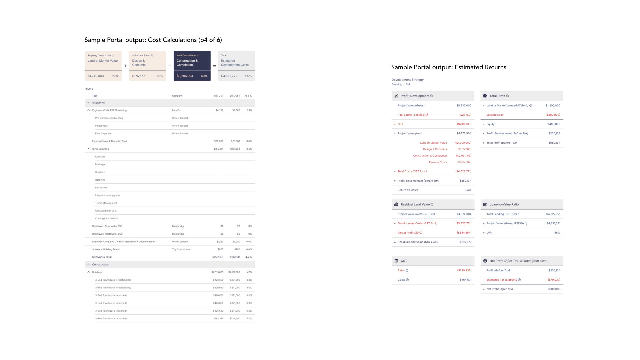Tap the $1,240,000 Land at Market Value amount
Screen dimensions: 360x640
96,76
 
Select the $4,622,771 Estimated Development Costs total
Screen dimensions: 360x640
229,76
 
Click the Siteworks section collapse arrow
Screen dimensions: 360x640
88,103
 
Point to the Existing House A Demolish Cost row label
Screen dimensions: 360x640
109,141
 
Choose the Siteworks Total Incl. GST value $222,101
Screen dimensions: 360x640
218,257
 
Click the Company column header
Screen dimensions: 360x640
177,96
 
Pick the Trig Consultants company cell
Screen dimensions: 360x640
181,249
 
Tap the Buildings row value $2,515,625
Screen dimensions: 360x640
217,272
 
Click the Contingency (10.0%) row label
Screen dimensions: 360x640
106,219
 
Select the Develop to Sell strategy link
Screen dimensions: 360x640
401,85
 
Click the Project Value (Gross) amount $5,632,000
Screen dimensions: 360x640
464,106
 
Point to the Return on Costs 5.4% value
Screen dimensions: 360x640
468,190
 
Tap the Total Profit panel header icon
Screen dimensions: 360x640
485,96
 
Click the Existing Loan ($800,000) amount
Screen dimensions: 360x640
553,115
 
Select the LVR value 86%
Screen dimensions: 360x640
557,233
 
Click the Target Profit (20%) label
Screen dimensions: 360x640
410,233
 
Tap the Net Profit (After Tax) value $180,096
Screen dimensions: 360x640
554,289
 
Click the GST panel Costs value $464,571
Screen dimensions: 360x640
465,280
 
